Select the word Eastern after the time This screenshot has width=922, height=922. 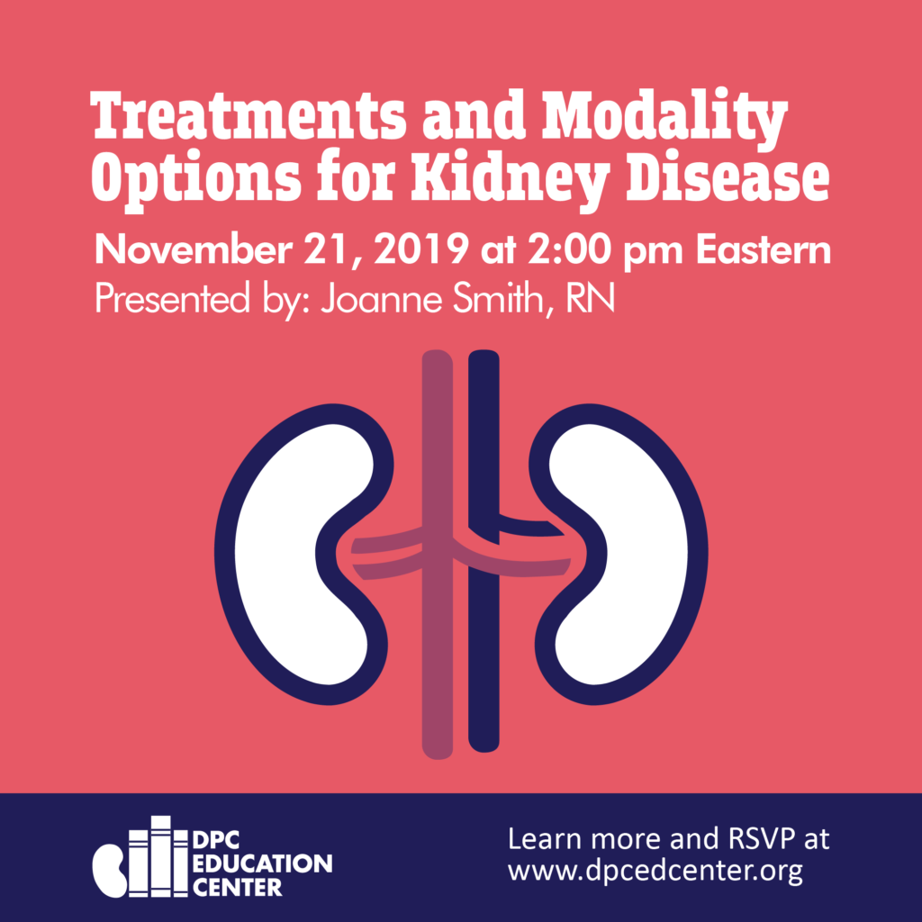click(764, 250)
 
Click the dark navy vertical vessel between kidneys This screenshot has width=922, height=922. click(484, 551)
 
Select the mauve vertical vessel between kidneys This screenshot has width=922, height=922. click(438, 554)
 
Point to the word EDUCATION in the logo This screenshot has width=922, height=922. click(262, 863)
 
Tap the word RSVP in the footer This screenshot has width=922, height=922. click(753, 839)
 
